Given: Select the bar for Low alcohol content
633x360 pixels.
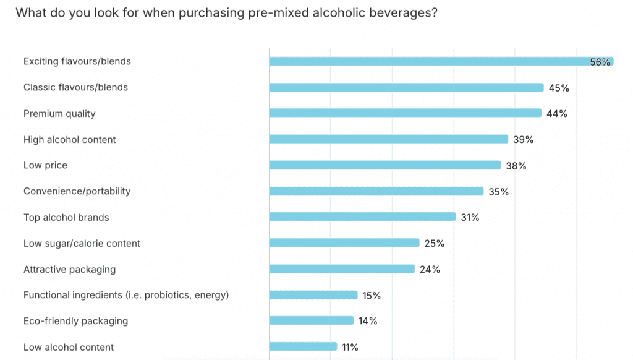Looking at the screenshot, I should (303, 347).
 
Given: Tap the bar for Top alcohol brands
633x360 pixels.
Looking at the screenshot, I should (362, 217).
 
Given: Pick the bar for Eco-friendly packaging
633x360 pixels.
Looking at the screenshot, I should (311, 321).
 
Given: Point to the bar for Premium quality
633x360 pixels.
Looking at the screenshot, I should (405, 113).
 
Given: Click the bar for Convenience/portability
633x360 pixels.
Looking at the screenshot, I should (376, 191).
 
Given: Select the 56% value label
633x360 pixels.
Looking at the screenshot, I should (600, 62).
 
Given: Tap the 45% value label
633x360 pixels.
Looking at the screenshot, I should (559, 88).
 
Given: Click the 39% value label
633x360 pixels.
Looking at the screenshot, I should (523, 140).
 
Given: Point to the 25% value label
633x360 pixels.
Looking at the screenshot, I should (435, 244).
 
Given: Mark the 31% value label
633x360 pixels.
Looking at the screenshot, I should (470, 218).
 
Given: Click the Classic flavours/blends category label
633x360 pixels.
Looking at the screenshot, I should (75, 87).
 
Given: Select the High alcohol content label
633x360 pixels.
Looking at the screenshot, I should (69, 139).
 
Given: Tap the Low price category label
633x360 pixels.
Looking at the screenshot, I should (45, 165).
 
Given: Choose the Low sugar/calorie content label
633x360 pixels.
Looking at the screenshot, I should (82, 243).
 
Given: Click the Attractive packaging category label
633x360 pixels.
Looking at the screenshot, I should (69, 269).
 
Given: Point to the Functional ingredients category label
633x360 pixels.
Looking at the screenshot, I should (126, 295).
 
